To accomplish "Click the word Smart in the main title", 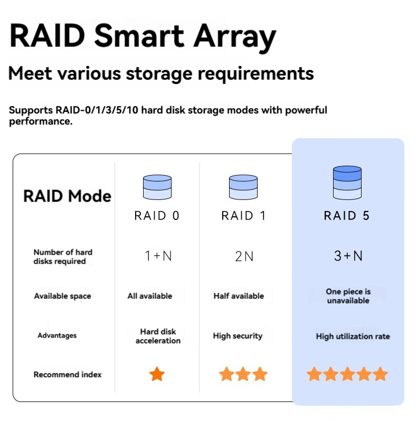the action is [x=139, y=36].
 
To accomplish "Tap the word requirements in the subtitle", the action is [x=255, y=74].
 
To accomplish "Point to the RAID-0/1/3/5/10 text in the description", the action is [x=97, y=110].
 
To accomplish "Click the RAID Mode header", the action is [x=67, y=196].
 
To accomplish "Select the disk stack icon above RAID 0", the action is [x=157, y=187].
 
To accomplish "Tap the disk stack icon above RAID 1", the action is [x=243, y=187].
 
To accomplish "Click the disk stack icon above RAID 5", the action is [x=347, y=183].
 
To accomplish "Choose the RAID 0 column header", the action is [x=157, y=216].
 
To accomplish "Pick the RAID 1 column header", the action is [x=243, y=216].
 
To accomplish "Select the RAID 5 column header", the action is [x=347, y=216].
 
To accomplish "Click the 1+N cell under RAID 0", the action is [x=158, y=255].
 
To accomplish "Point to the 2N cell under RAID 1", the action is [x=244, y=256].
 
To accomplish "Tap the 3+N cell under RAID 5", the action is [x=348, y=255].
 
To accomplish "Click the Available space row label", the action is [x=62, y=296].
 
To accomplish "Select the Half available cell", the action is [x=239, y=296].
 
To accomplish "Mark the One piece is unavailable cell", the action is [x=348, y=296].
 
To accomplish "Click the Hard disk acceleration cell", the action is [x=158, y=336].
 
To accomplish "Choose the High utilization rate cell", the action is [x=353, y=337].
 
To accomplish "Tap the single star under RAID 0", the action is [x=157, y=374].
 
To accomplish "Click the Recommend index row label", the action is [x=68, y=375].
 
